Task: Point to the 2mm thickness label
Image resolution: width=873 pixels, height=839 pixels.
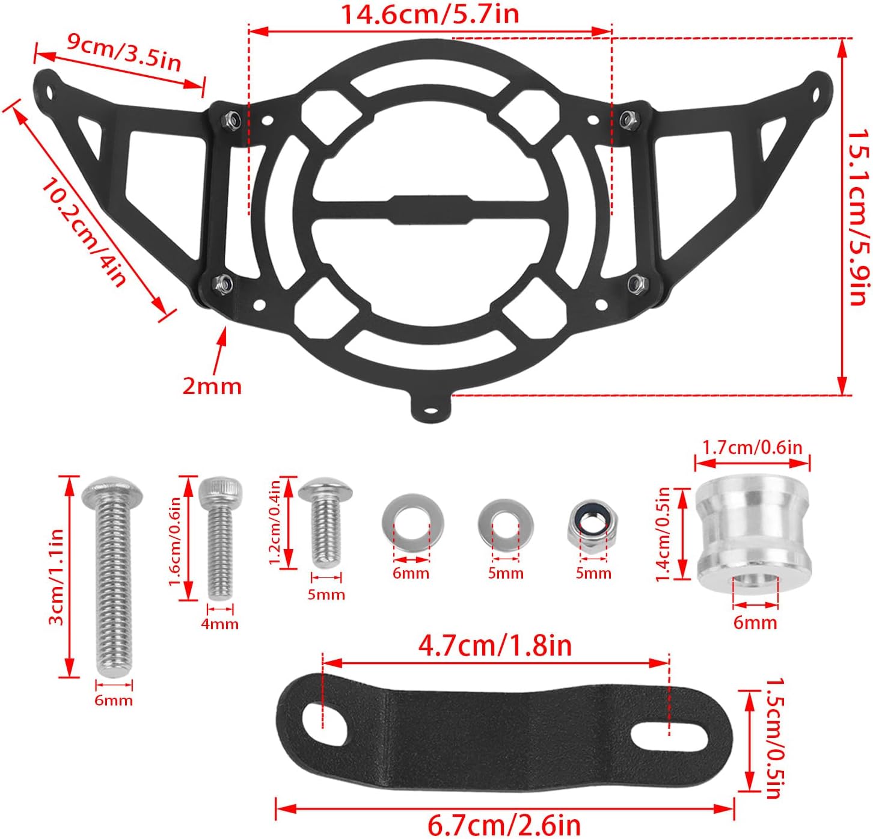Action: pyautogui.click(x=212, y=386)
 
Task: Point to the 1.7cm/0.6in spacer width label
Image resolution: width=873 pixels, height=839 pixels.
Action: pyautogui.click(x=752, y=448)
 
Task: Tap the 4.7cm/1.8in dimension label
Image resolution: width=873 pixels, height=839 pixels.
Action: pyautogui.click(x=495, y=646)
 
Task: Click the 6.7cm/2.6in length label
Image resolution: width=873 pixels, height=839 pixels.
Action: pyautogui.click(x=504, y=825)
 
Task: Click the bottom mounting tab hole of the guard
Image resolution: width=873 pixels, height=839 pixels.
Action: pyautogui.click(x=430, y=412)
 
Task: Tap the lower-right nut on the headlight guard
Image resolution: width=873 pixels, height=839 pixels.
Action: pyautogui.click(x=635, y=283)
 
